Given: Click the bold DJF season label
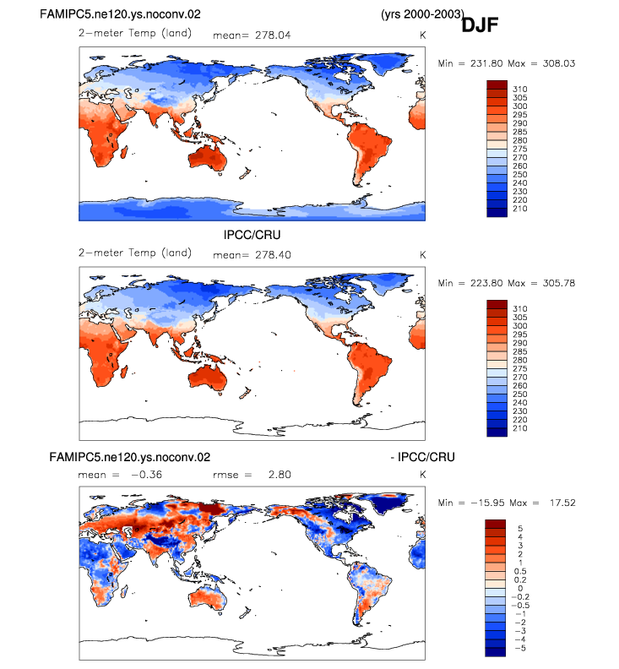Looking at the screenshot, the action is [480, 25].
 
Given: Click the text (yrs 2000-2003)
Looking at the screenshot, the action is [422, 14].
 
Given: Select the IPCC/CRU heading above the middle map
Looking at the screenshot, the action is [252, 235].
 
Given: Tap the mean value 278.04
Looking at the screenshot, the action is [273, 35].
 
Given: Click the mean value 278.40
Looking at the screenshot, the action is [273, 255].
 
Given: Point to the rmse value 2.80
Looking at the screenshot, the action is [280, 475].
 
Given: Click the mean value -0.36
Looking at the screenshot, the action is [146, 475].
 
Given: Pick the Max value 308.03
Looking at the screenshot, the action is [559, 63].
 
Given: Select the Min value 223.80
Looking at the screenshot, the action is [486, 283].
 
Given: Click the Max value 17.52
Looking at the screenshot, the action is [562, 503].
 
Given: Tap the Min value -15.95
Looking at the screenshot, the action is [486, 503].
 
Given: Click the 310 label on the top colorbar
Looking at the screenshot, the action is [519, 90].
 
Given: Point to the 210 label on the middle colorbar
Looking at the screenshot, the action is [519, 428].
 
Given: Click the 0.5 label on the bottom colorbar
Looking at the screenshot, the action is [520, 571].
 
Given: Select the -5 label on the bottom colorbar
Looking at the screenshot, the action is [520, 648].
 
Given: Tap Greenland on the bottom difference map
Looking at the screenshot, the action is [388, 503].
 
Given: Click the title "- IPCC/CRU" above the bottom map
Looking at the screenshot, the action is [422, 457].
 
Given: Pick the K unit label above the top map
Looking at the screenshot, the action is [422, 35].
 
